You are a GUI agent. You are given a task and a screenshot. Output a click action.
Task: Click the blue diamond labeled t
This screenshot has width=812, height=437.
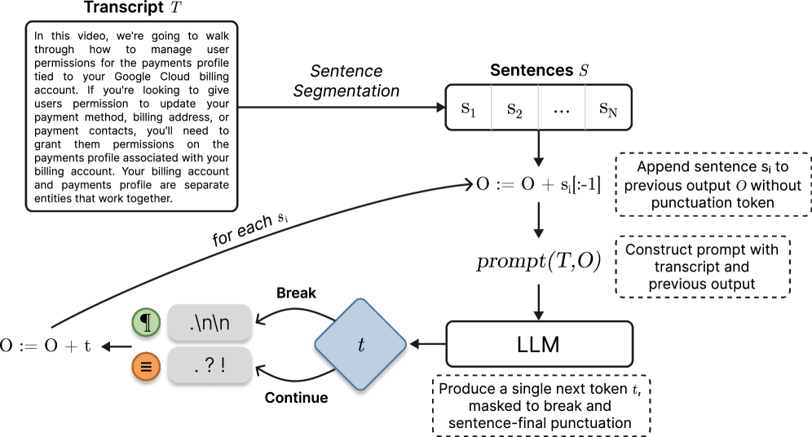point(360,345)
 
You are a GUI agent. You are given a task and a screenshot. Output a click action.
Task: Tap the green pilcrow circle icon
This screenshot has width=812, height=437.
point(146,323)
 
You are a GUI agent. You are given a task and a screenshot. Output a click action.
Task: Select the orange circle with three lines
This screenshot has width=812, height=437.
point(146,367)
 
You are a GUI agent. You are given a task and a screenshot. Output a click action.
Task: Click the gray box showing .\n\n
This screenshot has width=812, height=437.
point(210,323)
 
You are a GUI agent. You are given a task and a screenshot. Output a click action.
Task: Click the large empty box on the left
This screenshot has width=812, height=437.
point(131,117)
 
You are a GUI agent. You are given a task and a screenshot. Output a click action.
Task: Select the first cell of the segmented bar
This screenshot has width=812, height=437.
point(469,108)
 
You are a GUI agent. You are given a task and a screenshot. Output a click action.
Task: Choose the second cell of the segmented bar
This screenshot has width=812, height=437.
point(514,108)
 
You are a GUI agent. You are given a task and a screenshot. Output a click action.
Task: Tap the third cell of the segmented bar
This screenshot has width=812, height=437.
point(562,108)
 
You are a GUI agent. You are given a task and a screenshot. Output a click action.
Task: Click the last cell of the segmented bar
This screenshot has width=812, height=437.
point(608,108)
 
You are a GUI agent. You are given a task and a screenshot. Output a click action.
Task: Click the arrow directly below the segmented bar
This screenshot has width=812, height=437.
point(538,150)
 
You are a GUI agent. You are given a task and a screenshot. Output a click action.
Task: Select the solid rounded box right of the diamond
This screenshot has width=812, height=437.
point(539,344)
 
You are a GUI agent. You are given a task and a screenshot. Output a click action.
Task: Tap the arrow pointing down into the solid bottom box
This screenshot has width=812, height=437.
point(538,302)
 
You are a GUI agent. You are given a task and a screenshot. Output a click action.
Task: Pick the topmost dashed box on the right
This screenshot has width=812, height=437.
point(713,184)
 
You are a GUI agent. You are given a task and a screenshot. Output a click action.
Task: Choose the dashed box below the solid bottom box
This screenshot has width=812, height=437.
point(541,405)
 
